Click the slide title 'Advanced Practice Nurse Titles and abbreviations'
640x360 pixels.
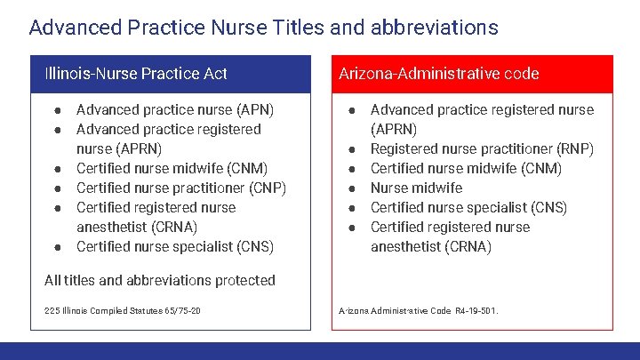263,28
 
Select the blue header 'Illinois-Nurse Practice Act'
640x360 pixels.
136,74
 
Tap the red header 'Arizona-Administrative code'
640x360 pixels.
439,74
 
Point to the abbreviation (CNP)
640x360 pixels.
265,188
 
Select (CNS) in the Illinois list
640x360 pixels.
252,247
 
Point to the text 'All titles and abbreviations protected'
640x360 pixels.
160,281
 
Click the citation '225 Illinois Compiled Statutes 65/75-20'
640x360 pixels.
122,311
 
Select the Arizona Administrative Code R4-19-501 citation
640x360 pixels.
419,311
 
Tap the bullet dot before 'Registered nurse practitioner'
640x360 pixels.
352,149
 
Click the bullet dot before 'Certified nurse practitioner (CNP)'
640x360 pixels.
58,188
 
